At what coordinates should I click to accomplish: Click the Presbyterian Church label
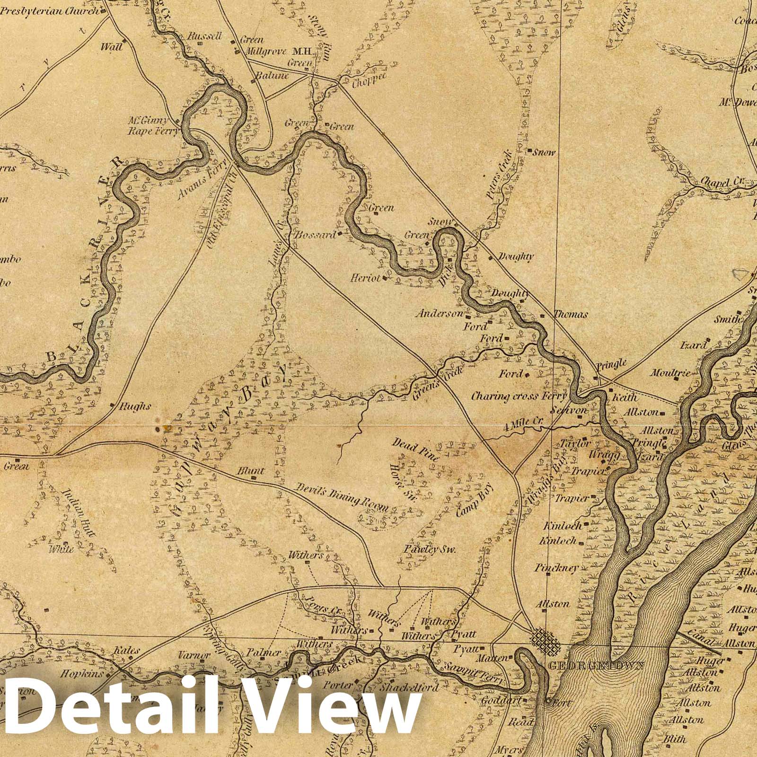click(x=50, y=10)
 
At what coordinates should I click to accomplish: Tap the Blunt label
click(x=250, y=471)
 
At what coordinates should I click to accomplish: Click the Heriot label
click(x=365, y=279)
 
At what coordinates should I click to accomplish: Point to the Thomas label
click(x=570, y=314)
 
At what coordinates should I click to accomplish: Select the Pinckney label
click(x=556, y=568)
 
